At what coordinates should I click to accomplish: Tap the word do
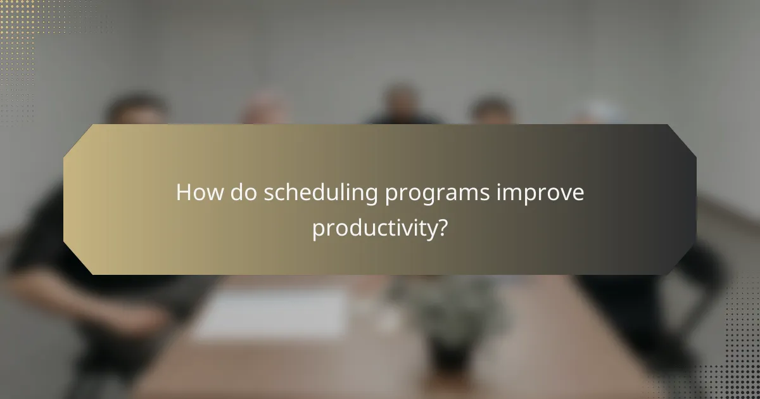243,193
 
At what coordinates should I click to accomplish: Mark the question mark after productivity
443,227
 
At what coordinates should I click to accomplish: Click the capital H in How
184,193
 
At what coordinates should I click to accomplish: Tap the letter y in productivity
430,231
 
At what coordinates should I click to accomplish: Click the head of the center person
400,101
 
